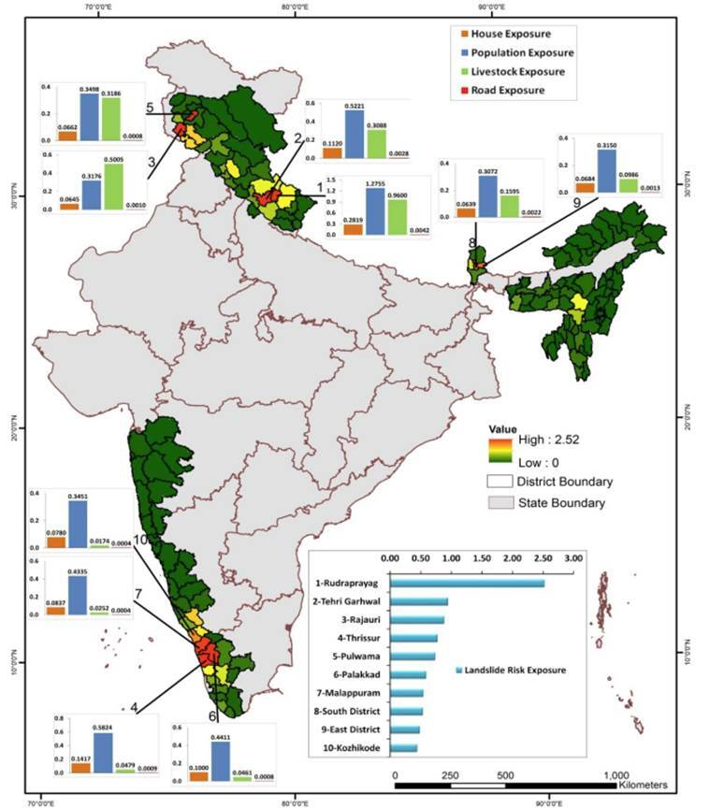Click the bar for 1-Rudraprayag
pyautogui.click(x=467, y=584)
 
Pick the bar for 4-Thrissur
pyautogui.click(x=413, y=639)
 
